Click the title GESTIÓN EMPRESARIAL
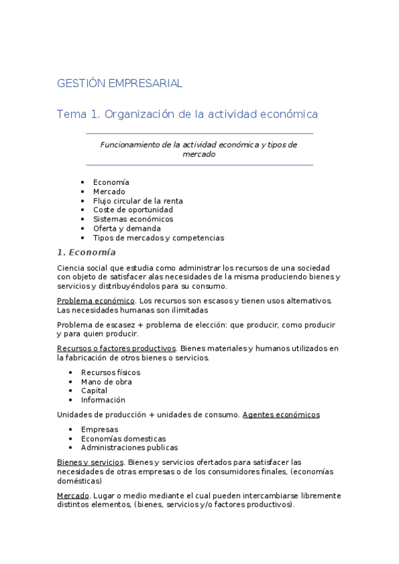pyautogui.click(x=120, y=83)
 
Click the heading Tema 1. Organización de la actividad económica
pyautogui.click(x=187, y=114)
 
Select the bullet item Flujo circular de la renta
pyautogui.click(x=138, y=201)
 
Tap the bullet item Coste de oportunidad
pyautogui.click(x=133, y=210)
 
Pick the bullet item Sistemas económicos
pyautogui.click(x=133, y=219)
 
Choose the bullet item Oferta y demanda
pyautogui.click(x=127, y=229)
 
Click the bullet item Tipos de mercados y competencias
pyautogui.click(x=159, y=238)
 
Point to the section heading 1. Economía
pyautogui.click(x=87, y=253)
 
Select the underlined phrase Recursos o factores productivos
pyautogui.click(x=117, y=349)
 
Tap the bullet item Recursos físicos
pyautogui.click(x=111, y=372)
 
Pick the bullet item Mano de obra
pyautogui.click(x=107, y=382)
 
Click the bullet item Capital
pyautogui.click(x=94, y=391)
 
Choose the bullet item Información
pyautogui.click(x=103, y=400)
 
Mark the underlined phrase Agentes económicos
pyautogui.click(x=281, y=415)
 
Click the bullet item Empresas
pyautogui.click(x=100, y=430)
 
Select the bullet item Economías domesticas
pyautogui.click(x=123, y=439)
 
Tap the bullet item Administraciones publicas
pyautogui.click(x=129, y=448)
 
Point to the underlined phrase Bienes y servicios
pyautogui.click(x=91, y=462)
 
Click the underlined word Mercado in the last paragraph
pyautogui.click(x=73, y=496)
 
